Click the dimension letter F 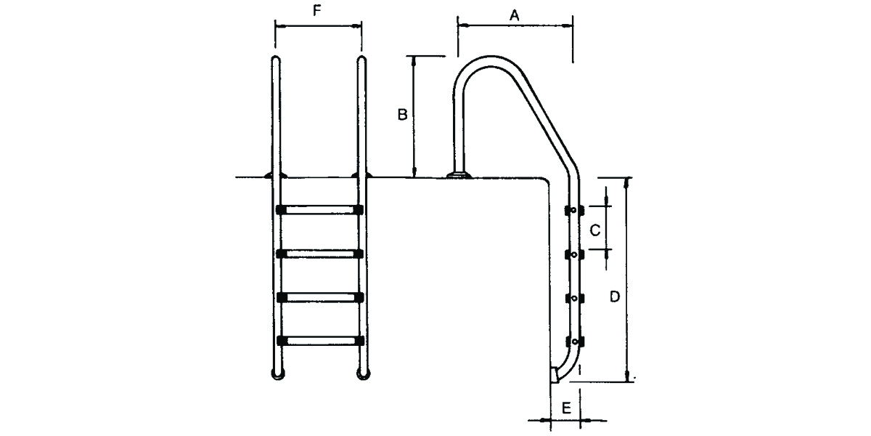[x=317, y=11]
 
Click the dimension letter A [x=515, y=15]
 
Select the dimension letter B [x=402, y=115]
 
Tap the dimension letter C [x=595, y=230]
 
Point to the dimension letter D [x=614, y=296]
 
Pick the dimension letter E [x=567, y=408]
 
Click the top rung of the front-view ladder [x=319, y=210]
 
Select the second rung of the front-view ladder [x=319, y=254]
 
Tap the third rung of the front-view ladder [x=320, y=297]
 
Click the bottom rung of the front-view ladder [x=320, y=341]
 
